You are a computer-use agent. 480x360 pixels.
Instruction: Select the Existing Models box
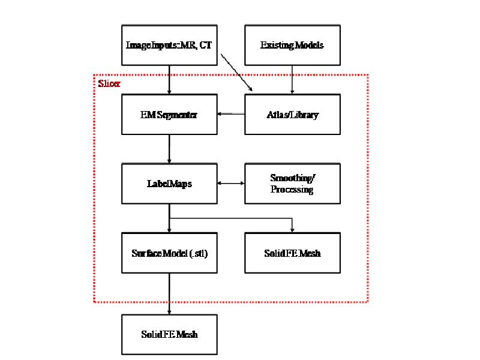[292, 44]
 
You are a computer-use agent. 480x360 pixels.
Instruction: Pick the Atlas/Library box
[292, 114]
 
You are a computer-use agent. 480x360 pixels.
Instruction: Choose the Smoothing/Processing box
[292, 184]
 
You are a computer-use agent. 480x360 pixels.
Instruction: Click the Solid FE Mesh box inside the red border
[292, 253]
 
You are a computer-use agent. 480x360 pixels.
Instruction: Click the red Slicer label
[109, 84]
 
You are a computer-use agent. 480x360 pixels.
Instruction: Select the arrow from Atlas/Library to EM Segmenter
[230, 113]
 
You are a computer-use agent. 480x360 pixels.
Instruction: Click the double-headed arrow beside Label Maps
[230, 184]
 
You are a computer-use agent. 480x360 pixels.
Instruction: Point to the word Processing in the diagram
[292, 190]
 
